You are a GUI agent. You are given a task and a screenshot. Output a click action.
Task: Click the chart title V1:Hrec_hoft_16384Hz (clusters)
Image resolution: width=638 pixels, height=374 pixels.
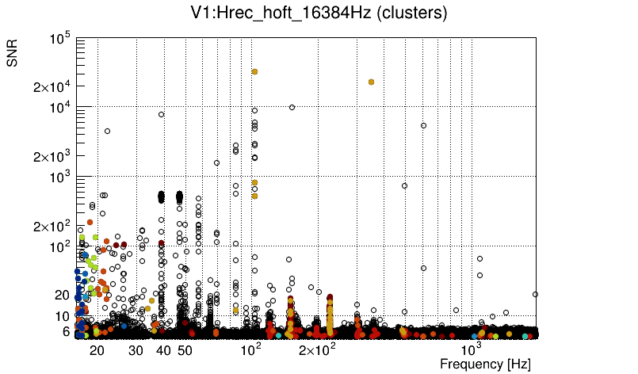318,13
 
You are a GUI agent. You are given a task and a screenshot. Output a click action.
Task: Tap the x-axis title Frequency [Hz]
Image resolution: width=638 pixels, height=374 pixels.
485,364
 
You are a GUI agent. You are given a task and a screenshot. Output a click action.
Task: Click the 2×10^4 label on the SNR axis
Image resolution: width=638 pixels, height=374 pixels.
52,87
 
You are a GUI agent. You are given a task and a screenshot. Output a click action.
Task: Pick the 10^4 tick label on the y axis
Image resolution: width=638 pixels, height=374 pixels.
60,108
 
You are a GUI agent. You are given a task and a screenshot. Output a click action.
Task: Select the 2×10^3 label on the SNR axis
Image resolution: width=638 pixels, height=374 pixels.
52,156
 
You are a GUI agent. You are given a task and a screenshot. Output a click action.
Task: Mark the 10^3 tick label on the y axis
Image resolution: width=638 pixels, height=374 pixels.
60,177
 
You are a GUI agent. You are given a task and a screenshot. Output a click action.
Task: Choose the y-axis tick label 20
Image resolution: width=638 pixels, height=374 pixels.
63,295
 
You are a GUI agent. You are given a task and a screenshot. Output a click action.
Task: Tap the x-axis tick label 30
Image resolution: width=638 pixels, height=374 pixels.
136,350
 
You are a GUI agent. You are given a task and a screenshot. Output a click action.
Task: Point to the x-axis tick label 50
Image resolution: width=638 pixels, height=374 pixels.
185,350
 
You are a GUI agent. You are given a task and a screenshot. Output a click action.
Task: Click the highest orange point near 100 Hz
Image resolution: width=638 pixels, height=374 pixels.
254,72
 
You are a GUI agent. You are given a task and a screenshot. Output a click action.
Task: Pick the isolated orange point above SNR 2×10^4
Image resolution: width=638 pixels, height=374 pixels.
371,82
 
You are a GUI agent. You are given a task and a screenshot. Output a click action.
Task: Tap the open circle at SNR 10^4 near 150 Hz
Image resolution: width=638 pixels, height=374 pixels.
292,107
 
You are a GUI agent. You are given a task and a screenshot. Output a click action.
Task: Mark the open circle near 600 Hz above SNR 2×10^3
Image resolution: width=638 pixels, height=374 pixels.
423,125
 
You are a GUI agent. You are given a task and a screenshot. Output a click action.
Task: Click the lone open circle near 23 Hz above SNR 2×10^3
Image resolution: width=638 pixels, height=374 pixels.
107,131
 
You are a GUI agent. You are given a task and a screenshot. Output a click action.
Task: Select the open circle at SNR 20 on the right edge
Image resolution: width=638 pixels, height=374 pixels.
535,294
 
